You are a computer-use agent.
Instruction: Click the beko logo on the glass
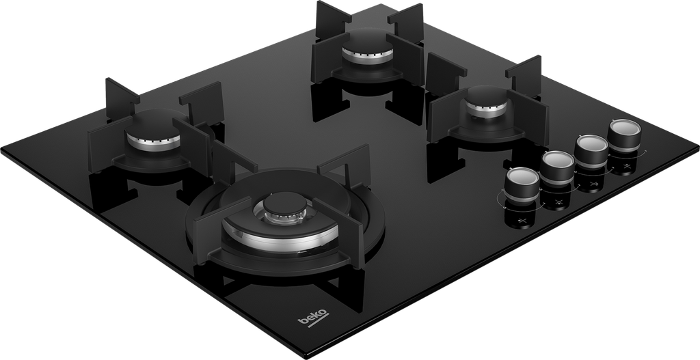click(x=313, y=318)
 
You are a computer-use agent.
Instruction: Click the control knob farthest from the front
click(x=624, y=136)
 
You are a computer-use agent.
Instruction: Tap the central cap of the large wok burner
click(x=285, y=204)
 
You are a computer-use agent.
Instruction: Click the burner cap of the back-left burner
click(x=152, y=124)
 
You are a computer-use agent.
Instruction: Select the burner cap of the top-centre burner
click(x=367, y=42)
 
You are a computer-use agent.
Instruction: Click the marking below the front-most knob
click(x=523, y=221)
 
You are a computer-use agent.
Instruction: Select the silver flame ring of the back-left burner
click(x=154, y=142)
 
